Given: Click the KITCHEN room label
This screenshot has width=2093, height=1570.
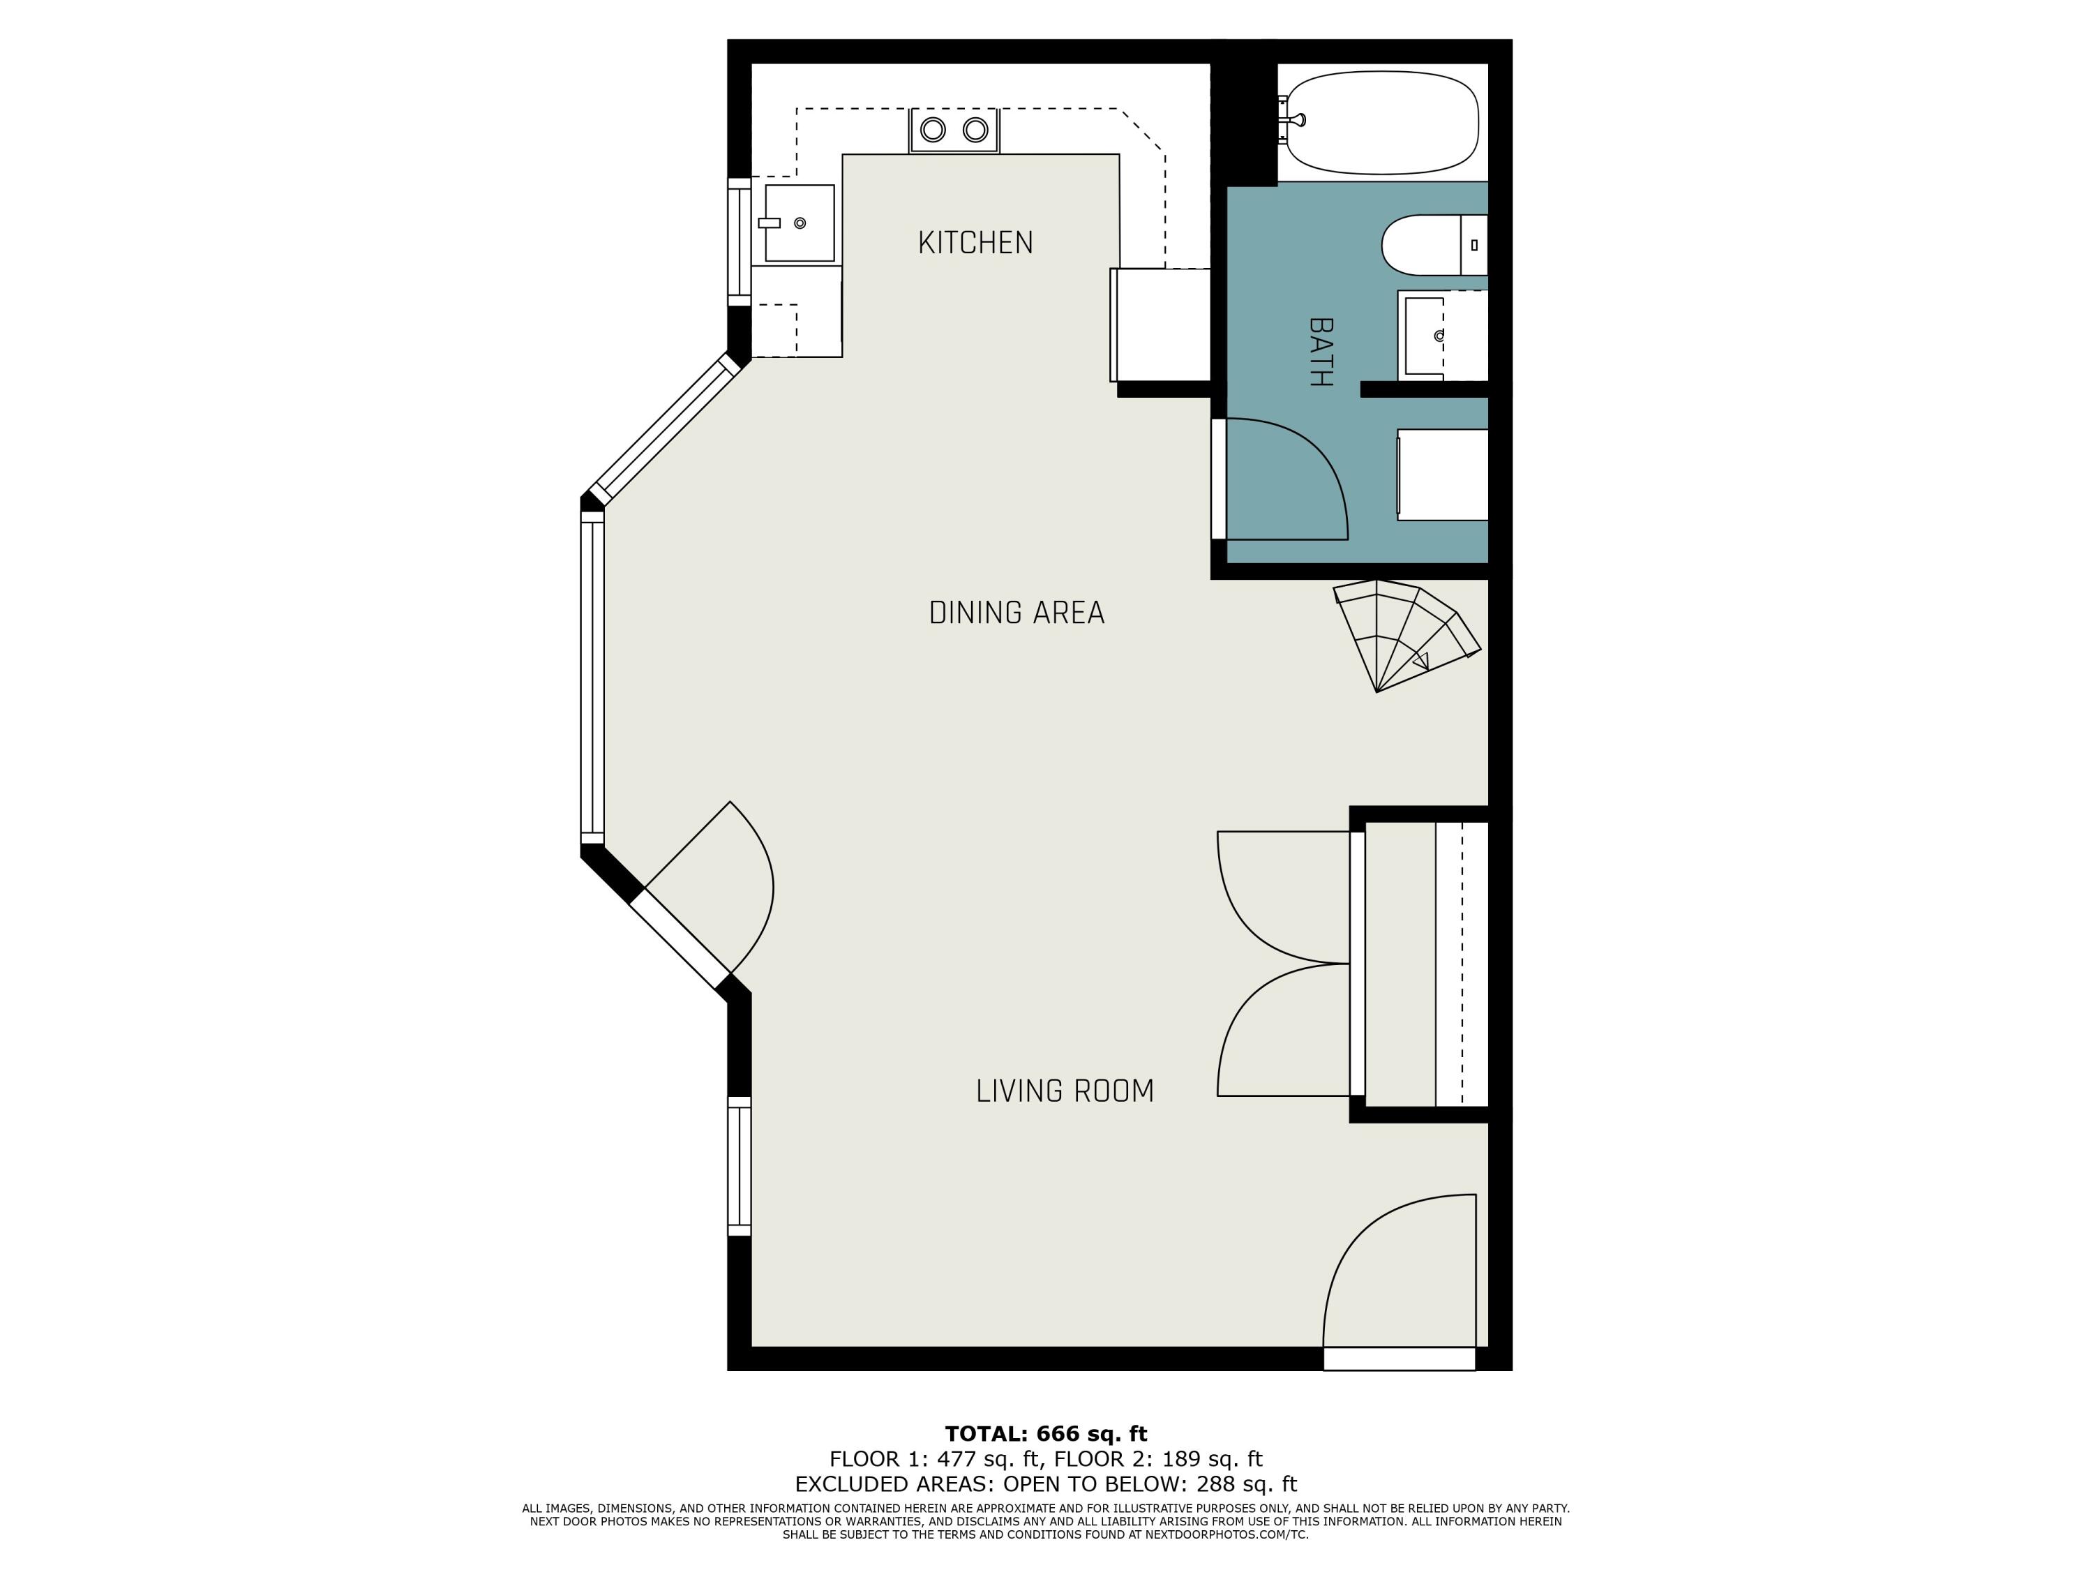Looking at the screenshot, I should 975,244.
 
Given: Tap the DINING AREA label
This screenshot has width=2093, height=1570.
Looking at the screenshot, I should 1017,613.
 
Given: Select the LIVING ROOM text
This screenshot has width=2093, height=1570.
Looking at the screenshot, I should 1065,1091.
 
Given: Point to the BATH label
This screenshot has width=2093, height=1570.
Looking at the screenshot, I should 1321,352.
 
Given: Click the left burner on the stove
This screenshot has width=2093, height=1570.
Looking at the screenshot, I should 933,130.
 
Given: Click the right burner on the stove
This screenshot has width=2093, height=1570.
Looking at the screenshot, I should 975,130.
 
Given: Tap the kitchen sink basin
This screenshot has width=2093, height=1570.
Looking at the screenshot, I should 800,223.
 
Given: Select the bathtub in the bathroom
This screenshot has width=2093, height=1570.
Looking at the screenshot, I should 1381,123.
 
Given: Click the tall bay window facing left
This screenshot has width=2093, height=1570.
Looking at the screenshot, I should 592,678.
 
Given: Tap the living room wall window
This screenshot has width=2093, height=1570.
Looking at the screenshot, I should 739,1166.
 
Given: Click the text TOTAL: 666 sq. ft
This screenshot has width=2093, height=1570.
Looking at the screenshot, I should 1046,1434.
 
